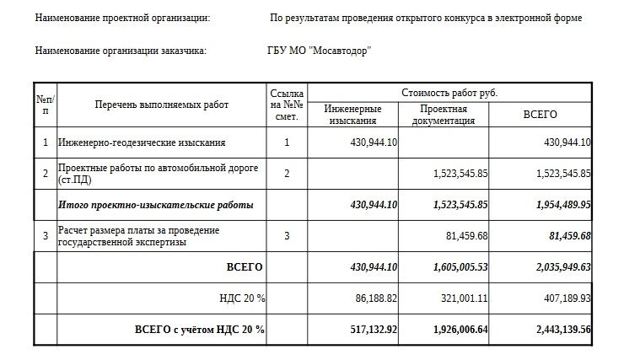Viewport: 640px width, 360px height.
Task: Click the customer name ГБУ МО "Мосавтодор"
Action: (x=320, y=50)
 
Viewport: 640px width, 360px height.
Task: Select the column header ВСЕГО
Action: (x=540, y=115)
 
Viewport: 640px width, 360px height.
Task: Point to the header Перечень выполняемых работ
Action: (x=162, y=104)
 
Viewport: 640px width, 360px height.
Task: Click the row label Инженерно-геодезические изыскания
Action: (x=142, y=142)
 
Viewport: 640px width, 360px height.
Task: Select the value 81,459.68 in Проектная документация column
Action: (x=465, y=235)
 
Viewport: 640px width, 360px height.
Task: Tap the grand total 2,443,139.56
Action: (x=551, y=329)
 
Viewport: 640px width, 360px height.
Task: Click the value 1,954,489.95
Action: (x=551, y=205)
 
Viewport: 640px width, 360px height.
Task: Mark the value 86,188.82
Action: (x=374, y=298)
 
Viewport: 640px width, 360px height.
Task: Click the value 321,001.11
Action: (x=465, y=298)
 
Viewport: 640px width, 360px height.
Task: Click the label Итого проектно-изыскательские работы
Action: (x=156, y=205)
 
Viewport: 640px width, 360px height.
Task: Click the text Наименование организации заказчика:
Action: (x=121, y=50)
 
